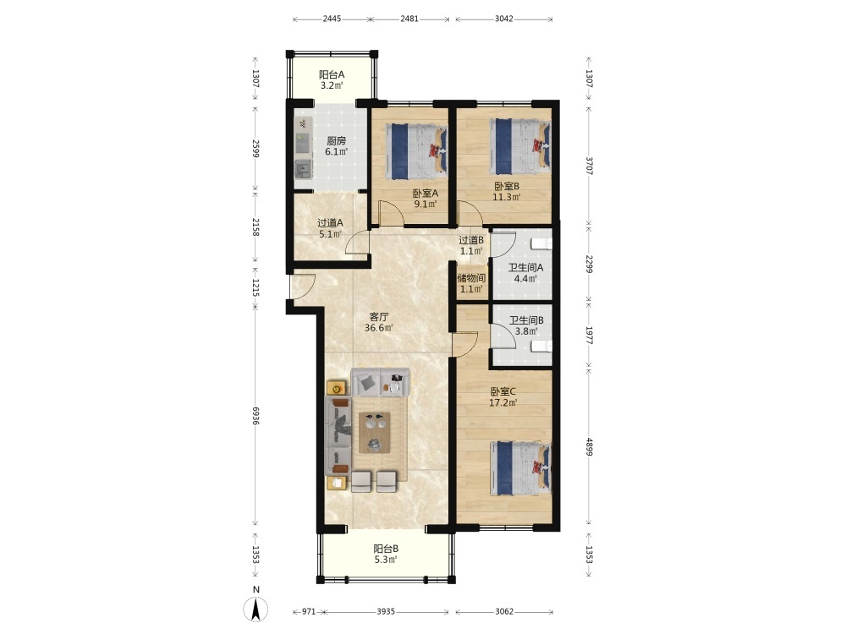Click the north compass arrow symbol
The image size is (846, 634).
click(x=256, y=609)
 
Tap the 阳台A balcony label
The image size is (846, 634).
click(x=332, y=75)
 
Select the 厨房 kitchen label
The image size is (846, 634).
click(x=336, y=140)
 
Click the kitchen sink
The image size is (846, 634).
click(x=303, y=169)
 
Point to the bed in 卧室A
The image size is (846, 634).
click(x=416, y=151)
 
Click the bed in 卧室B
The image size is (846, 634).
click(x=520, y=146)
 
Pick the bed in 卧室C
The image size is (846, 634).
click(x=520, y=468)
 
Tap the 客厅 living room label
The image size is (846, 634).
click(x=379, y=316)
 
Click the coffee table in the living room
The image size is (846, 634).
click(x=375, y=432)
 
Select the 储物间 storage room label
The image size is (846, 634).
click(x=471, y=278)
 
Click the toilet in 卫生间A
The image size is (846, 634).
click(x=541, y=243)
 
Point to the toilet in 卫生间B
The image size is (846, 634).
click(x=541, y=346)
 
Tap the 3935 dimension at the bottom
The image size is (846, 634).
click(x=386, y=611)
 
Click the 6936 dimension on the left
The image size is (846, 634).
click(x=255, y=416)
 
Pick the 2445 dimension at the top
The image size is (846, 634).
click(x=332, y=19)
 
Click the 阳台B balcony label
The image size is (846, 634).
click(x=387, y=549)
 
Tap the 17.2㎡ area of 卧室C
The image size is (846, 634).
click(x=503, y=402)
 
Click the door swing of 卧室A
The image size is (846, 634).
click(x=392, y=213)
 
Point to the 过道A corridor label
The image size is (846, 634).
click(x=330, y=222)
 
